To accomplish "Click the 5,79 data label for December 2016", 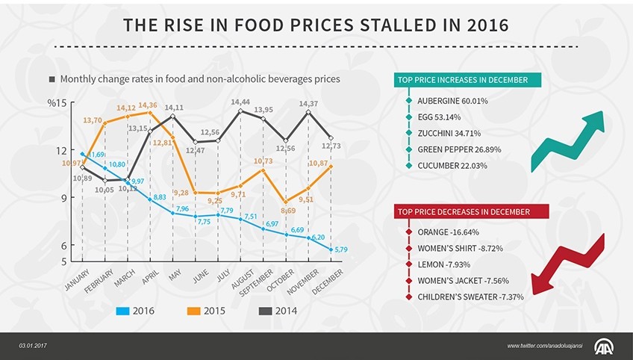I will (341, 249).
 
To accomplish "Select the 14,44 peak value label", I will (240, 102).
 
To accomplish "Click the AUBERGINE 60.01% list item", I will (452, 100).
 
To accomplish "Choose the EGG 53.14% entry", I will (439, 117).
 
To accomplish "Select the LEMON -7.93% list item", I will (443, 264).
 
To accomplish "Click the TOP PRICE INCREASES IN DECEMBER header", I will (463, 80).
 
